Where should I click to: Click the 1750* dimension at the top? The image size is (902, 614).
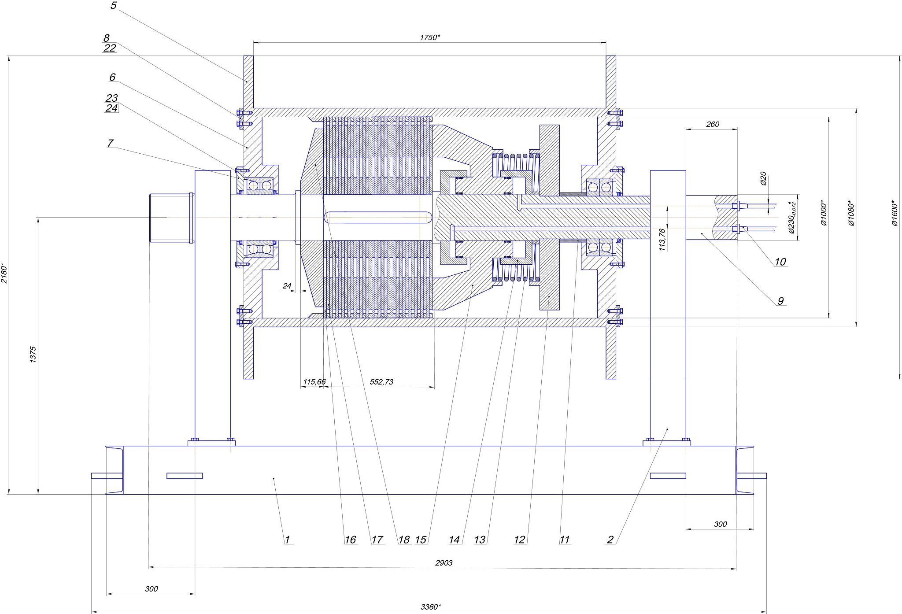[x=429, y=37]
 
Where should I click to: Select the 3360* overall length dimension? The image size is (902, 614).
[x=430, y=607]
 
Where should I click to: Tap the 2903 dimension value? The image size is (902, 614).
[x=444, y=562]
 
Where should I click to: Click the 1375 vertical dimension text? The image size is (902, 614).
[x=33, y=355]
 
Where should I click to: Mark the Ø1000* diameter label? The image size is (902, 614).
[x=823, y=213]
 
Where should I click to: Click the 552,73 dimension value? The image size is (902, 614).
[x=381, y=382]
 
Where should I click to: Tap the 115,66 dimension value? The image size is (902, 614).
[x=314, y=381]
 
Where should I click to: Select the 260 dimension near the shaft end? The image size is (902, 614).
[x=712, y=124]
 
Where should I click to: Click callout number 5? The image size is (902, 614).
[x=113, y=6]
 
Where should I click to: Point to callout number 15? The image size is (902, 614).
[x=421, y=540]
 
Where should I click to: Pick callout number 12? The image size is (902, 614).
[x=520, y=540]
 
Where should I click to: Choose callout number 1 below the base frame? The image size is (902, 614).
[x=287, y=540]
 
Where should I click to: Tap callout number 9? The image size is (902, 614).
[x=780, y=301]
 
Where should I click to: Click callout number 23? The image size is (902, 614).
[x=111, y=98]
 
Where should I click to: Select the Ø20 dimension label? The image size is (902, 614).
[x=763, y=178]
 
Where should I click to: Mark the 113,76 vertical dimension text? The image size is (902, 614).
[x=662, y=240]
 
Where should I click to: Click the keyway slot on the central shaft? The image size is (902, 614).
[x=378, y=218]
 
